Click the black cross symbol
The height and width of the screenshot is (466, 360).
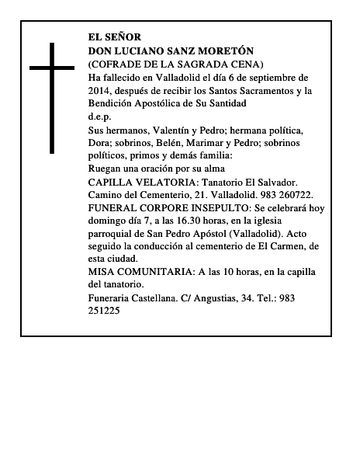click(53, 97)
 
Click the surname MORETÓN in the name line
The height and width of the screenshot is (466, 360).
click(226, 50)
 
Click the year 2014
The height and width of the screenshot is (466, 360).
click(101, 90)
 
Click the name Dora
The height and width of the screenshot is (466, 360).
click(102, 143)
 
